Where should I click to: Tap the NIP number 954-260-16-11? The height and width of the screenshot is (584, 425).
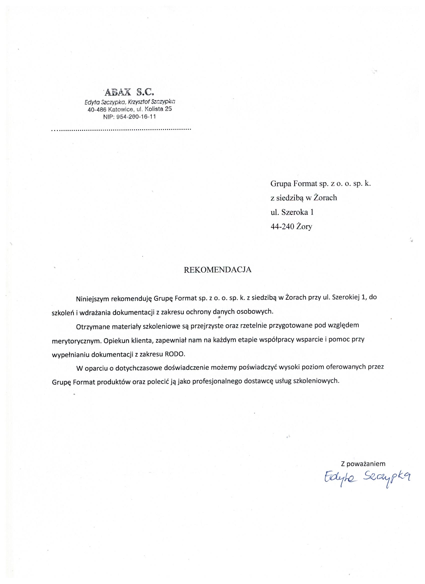136,117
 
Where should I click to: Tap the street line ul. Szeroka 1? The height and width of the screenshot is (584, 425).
292,212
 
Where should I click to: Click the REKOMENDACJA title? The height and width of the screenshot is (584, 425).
217,270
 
